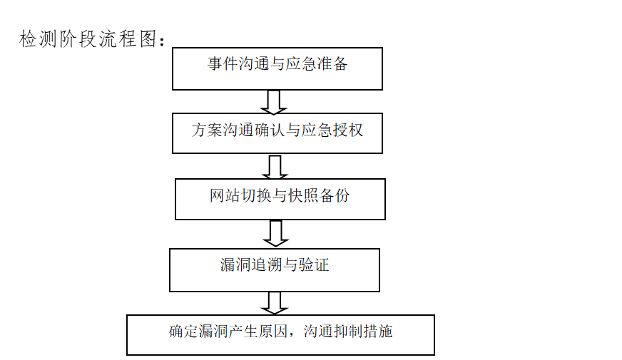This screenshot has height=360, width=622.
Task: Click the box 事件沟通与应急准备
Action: pos(277,68)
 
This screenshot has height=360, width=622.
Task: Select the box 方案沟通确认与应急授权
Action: pos(277,132)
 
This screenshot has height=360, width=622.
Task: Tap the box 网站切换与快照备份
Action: pos(280,199)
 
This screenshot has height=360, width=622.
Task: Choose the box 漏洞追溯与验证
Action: pos(274,269)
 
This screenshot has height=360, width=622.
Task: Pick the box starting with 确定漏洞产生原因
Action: pos(280,334)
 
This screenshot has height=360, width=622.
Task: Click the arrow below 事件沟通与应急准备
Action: pos(274,102)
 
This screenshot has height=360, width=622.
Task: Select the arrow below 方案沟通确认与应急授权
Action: pos(275,168)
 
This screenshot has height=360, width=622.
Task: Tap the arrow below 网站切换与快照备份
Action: pos(275,233)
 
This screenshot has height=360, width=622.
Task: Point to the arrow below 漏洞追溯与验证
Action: pos(274,302)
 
